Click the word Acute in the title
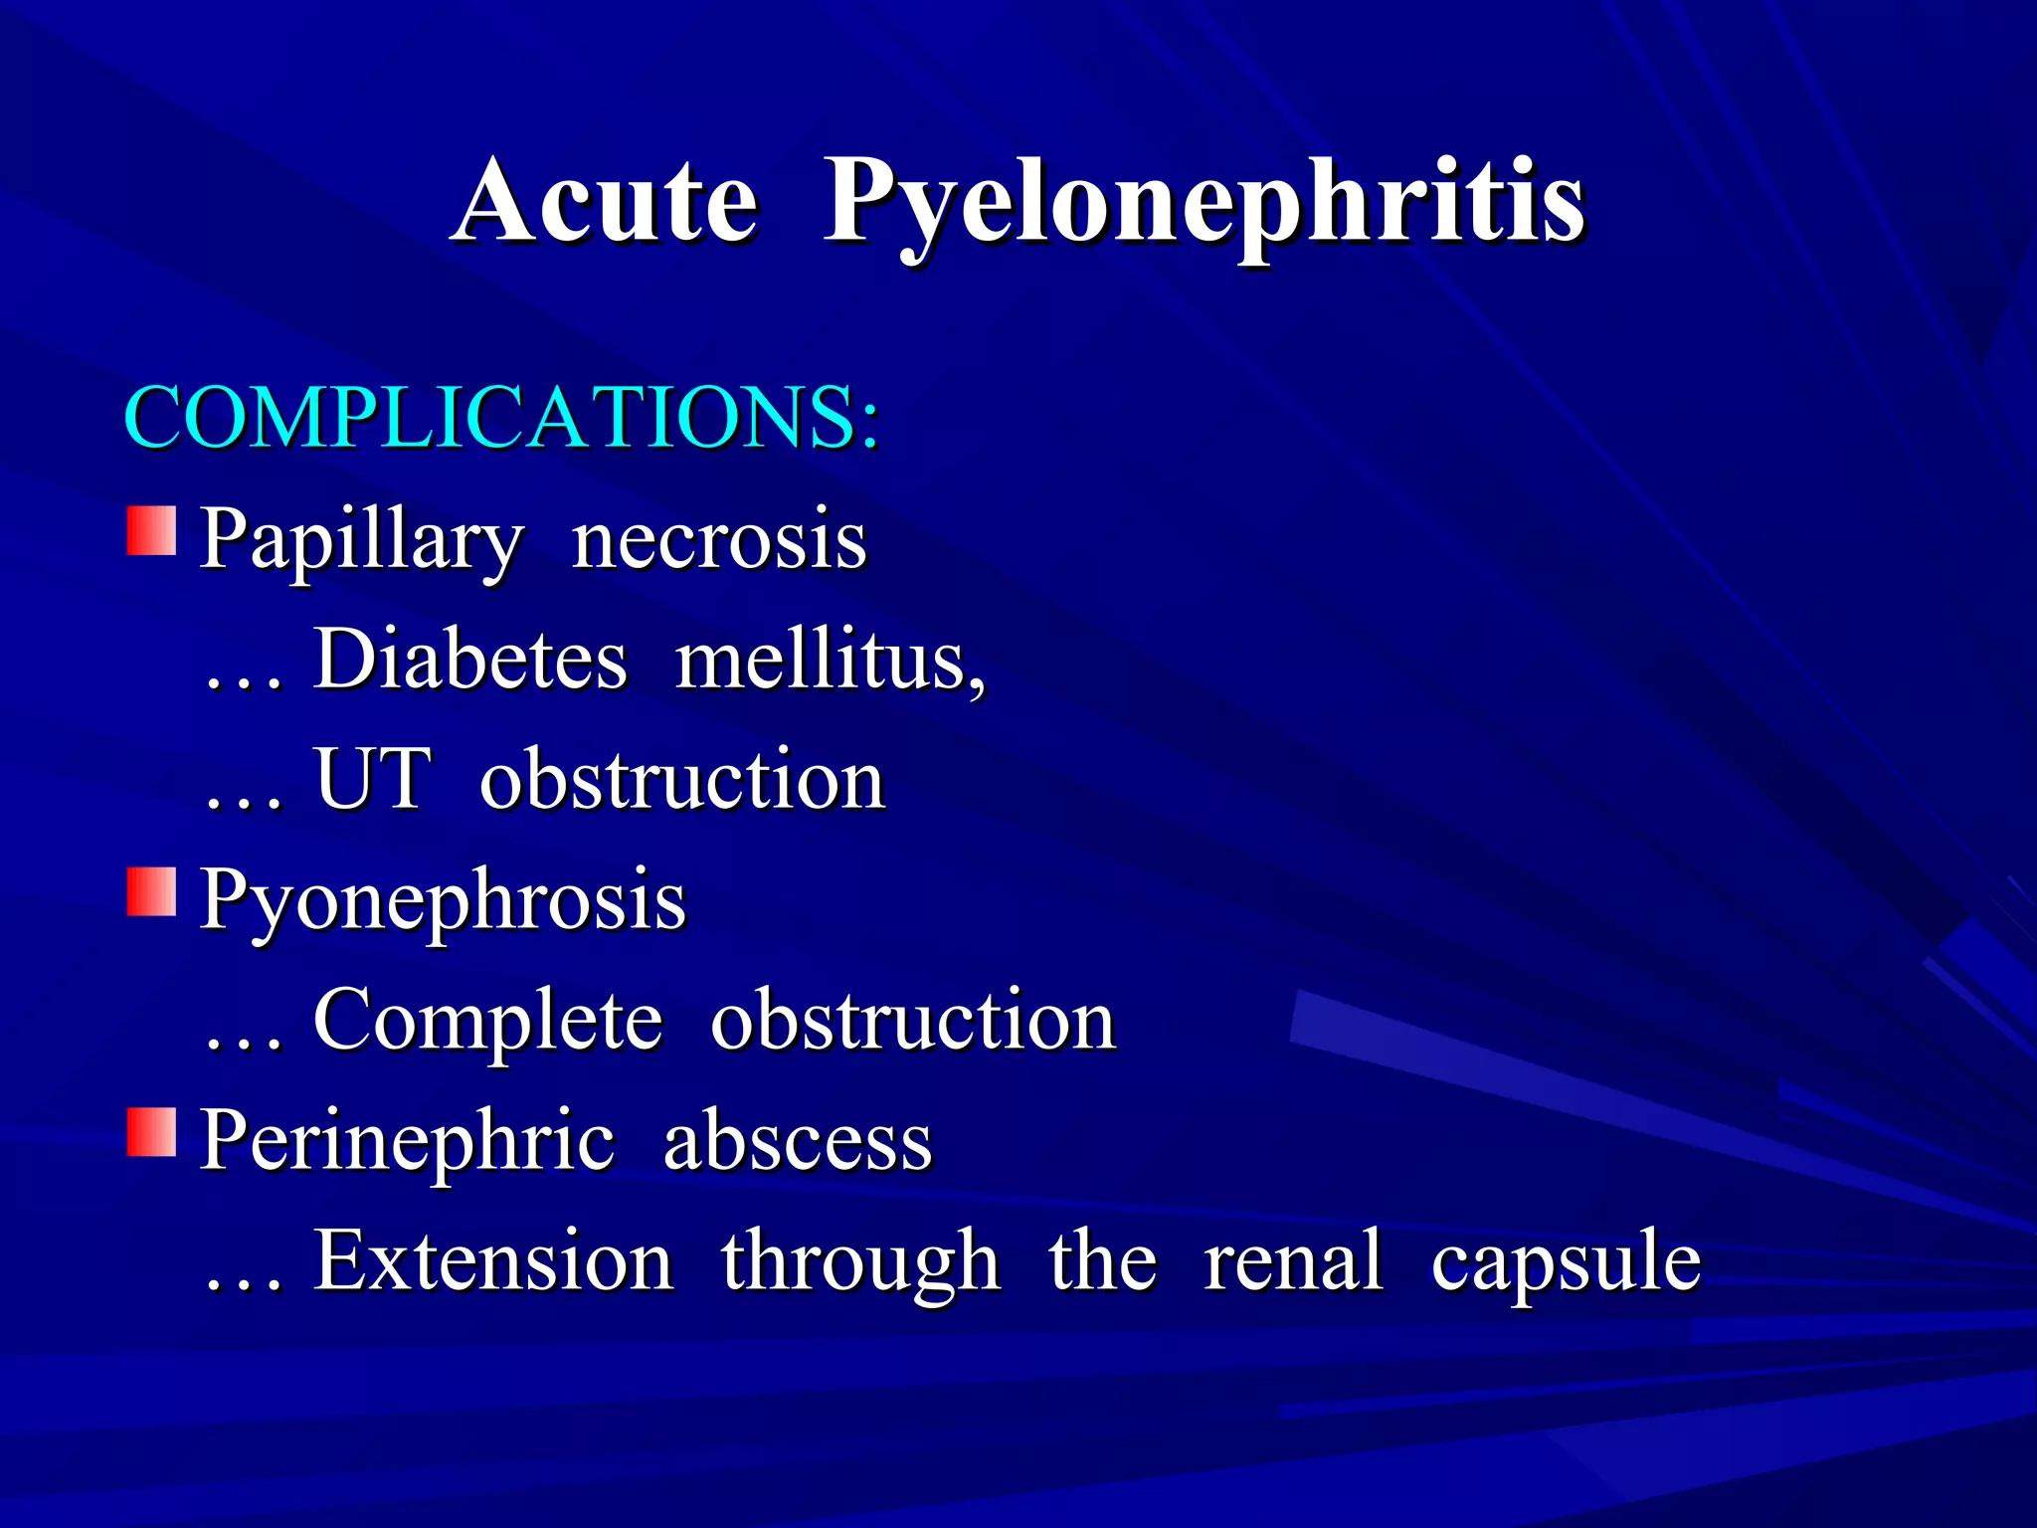click(x=607, y=202)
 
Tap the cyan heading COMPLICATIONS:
click(x=502, y=418)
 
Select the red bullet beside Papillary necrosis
click(x=151, y=530)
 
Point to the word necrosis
click(x=719, y=540)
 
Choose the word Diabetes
click(x=470, y=660)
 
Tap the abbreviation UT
click(x=373, y=779)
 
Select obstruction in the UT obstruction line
click(x=682, y=779)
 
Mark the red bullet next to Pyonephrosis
click(x=151, y=891)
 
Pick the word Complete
click(x=487, y=1022)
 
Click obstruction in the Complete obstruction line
click(x=913, y=1020)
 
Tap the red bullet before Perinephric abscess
click(x=151, y=1133)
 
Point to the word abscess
click(x=798, y=1141)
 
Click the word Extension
click(x=494, y=1260)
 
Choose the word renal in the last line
click(x=1293, y=1260)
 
